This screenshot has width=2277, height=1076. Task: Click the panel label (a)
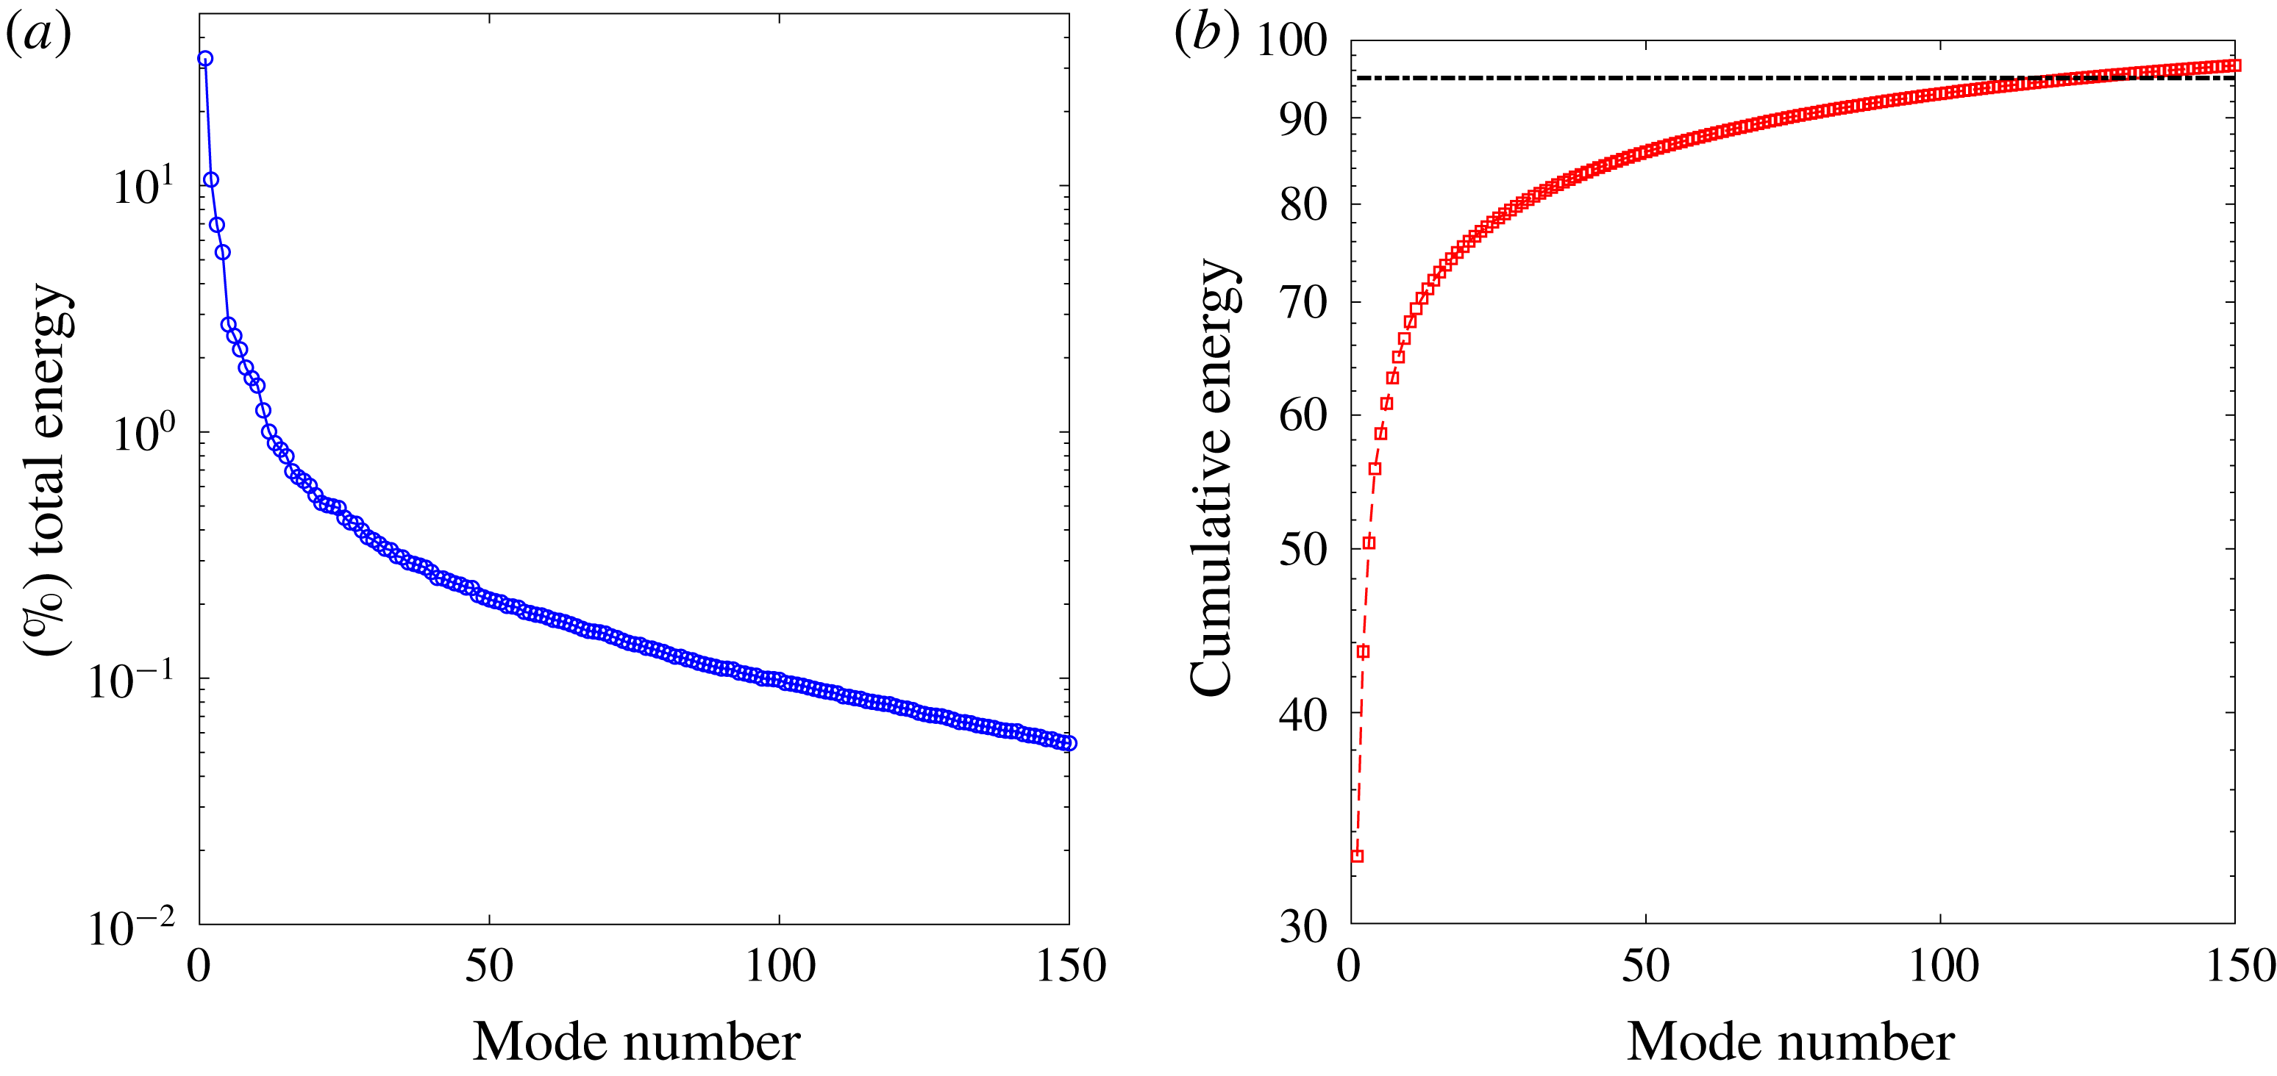click(x=38, y=35)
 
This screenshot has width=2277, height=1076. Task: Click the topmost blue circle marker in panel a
click(x=205, y=58)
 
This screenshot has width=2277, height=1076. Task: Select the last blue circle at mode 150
click(x=1069, y=743)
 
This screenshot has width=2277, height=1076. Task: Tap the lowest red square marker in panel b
click(x=1358, y=856)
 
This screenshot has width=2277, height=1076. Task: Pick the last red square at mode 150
click(x=2234, y=65)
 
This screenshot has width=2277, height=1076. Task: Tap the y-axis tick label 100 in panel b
click(x=1291, y=40)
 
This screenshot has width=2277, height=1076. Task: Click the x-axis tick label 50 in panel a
click(x=489, y=966)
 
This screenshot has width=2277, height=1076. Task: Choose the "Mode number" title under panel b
click(x=1790, y=1042)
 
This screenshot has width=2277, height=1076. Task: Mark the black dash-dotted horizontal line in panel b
click(x=1680, y=78)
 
